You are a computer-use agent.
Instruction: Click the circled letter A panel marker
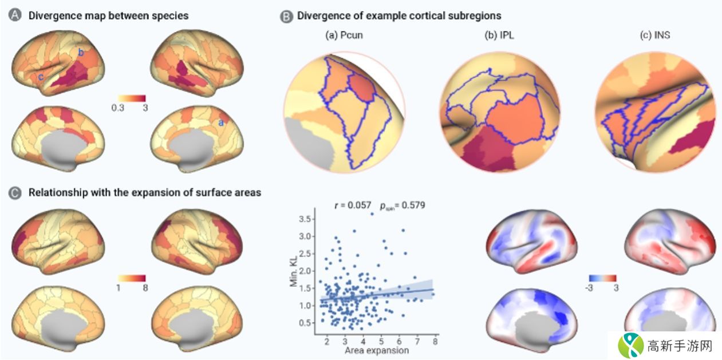tap(16, 16)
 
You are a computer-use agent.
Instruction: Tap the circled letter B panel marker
tap(286, 16)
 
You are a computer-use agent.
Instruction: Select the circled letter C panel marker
tap(16, 193)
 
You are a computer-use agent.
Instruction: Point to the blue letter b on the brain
tap(81, 53)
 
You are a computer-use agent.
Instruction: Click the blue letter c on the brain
tap(41, 77)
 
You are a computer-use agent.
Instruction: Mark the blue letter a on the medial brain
tap(221, 122)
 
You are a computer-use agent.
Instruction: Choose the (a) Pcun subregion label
tap(344, 35)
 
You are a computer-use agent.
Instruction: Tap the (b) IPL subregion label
tap(498, 35)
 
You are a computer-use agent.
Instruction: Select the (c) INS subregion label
tap(654, 35)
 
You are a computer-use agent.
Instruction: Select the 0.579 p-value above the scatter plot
tap(412, 204)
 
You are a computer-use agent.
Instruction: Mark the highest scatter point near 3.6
tap(372, 213)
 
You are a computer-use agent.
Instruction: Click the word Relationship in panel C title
tap(56, 193)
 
